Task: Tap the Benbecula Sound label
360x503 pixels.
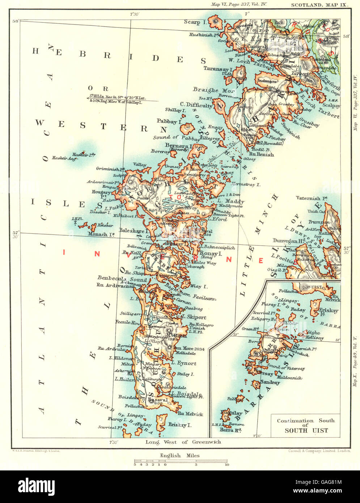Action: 122,279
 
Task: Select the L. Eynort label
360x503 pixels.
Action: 184,363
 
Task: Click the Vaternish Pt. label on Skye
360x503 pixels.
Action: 312,198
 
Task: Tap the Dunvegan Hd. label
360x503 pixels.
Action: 290,240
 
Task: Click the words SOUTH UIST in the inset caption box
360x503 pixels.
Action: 306,431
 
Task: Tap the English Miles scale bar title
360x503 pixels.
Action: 180,456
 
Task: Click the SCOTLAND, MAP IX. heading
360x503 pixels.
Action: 315,5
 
